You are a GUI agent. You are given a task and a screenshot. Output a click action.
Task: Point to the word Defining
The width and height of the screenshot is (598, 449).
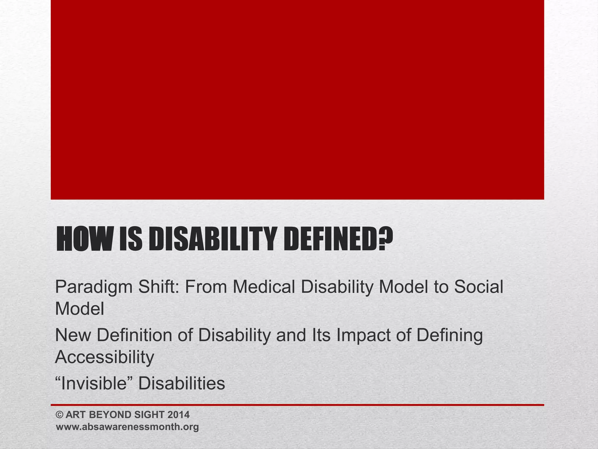point(449,336)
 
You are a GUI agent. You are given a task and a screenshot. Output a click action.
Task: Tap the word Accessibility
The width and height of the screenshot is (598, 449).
point(105,357)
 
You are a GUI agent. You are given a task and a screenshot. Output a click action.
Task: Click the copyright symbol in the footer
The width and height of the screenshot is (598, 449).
point(60,415)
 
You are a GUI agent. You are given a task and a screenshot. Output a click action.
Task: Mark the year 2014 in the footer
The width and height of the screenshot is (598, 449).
point(178,415)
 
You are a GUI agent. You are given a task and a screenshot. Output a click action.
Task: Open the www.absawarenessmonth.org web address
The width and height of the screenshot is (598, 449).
point(127,427)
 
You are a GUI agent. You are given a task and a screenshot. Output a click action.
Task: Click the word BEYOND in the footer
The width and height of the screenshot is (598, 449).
point(111,415)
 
